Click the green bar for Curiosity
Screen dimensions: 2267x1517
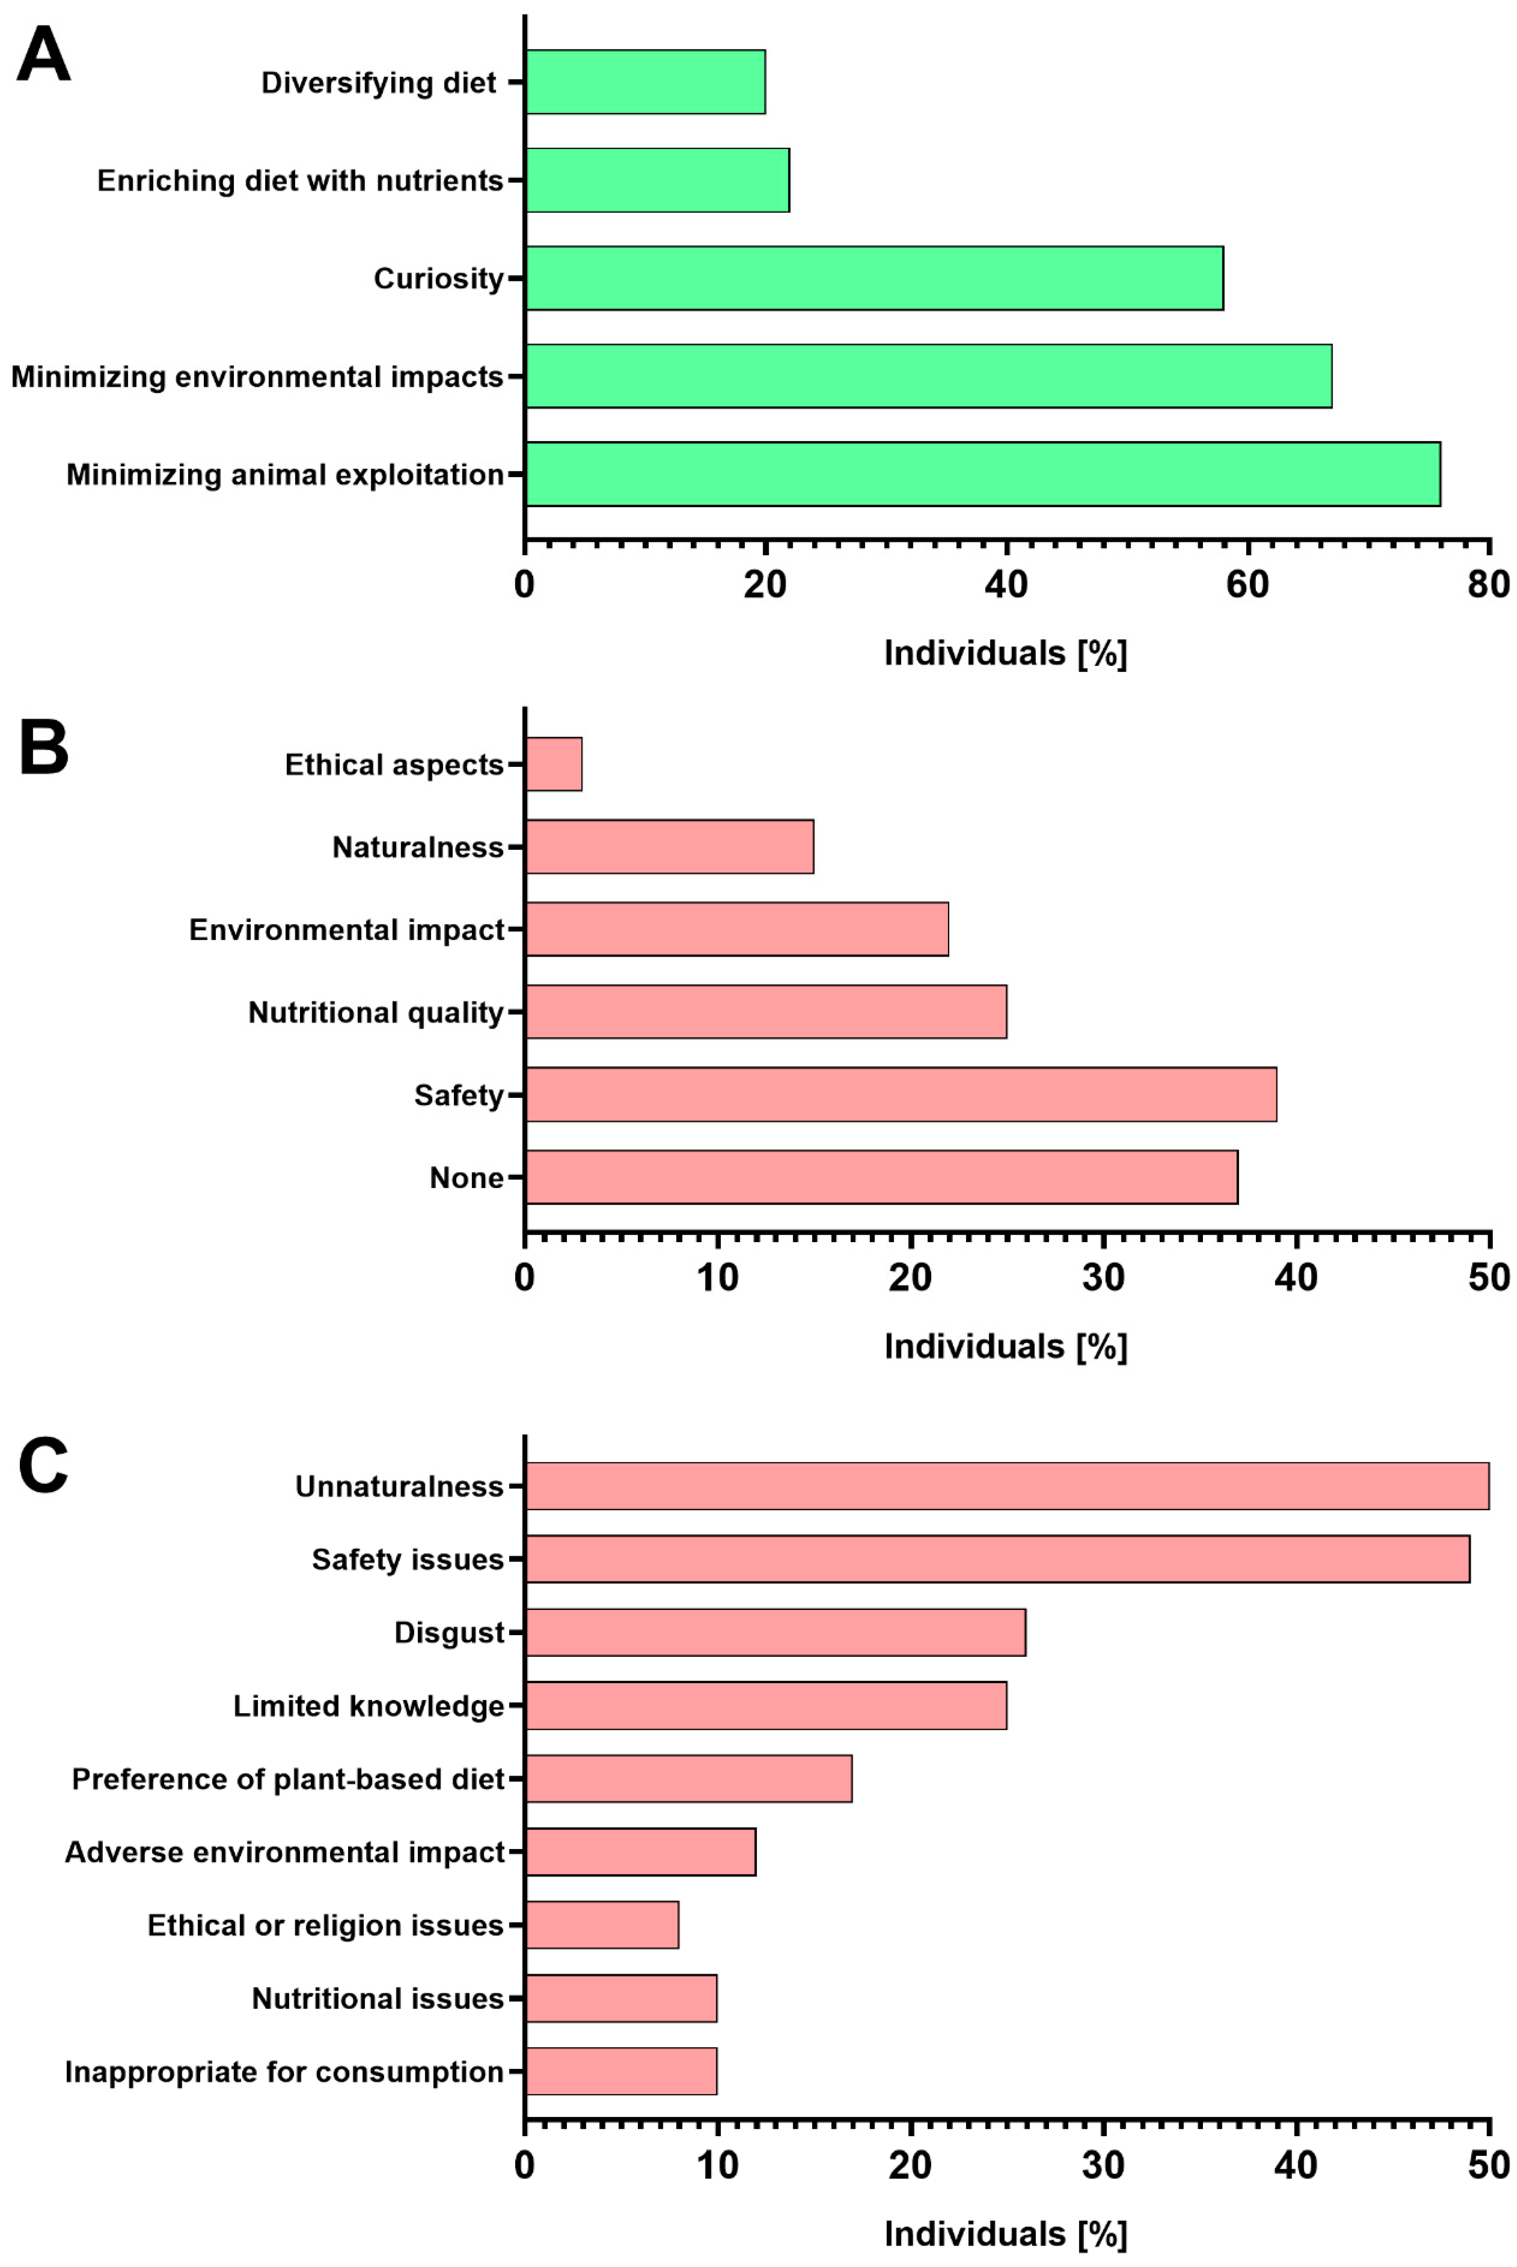pos(875,279)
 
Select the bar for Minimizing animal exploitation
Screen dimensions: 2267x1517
pos(983,474)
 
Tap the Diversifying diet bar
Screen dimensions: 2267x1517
pos(645,82)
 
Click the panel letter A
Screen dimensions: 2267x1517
pos(44,55)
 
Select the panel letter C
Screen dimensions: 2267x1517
pos(44,1465)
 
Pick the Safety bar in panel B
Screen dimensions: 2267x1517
pos(901,1095)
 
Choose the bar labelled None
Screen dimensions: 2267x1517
pos(881,1177)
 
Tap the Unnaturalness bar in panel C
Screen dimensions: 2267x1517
pos(1007,1486)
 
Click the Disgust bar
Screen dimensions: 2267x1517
pos(775,1632)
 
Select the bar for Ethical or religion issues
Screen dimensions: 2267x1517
pos(602,1925)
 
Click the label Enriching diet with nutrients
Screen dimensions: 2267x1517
pos(300,181)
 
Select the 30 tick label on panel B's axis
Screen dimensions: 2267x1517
pos(1103,1277)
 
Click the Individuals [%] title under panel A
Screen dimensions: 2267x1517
pos(1005,654)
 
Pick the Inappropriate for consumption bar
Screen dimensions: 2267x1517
pos(621,2071)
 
